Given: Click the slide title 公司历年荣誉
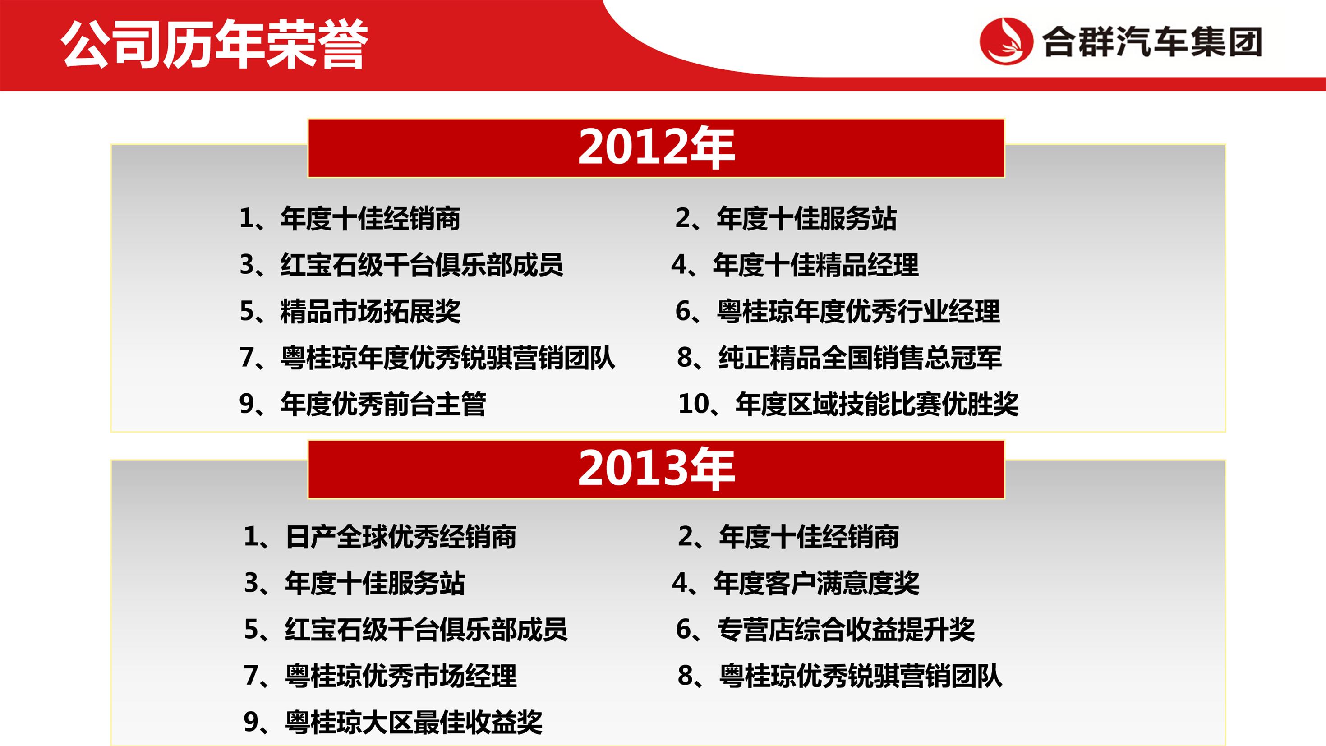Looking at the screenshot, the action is [x=215, y=45].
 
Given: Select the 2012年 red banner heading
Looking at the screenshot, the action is [x=656, y=148].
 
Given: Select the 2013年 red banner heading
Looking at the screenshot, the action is [x=656, y=469].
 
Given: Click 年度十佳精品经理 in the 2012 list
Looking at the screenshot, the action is [x=816, y=265].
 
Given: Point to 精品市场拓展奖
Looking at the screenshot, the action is [x=371, y=312].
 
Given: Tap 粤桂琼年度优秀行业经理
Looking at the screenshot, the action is [x=859, y=312].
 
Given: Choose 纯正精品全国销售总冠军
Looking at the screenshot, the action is [x=860, y=358].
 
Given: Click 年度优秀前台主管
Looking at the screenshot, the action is [x=383, y=404].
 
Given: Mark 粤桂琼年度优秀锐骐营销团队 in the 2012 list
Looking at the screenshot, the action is [x=448, y=358].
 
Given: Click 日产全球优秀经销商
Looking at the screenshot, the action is [x=401, y=537].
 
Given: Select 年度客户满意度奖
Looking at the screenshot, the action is [x=816, y=583].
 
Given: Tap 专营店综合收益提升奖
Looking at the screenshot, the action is [x=846, y=630].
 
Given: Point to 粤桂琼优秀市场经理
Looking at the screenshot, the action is [x=401, y=676].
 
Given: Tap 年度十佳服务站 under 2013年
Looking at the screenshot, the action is [x=375, y=583].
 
